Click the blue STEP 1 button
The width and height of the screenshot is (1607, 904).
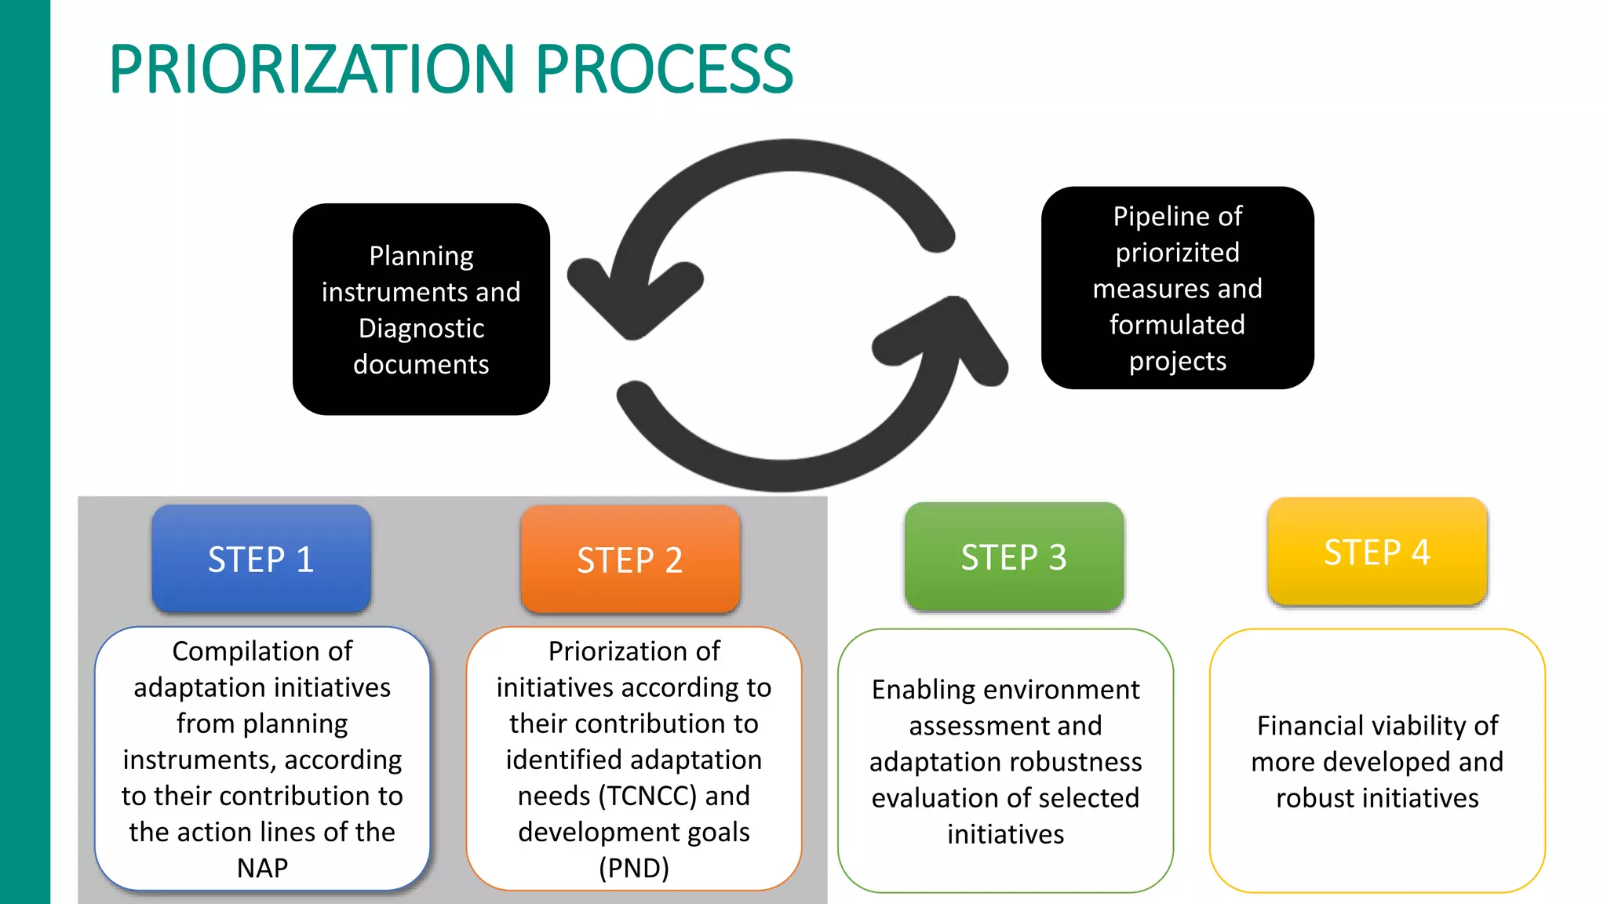pyautogui.click(x=261, y=560)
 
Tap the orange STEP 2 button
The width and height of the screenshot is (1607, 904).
pyautogui.click(x=630, y=560)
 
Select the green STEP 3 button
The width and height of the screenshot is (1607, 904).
pyautogui.click(x=1014, y=557)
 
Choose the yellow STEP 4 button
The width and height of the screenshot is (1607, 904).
pyautogui.click(x=1377, y=552)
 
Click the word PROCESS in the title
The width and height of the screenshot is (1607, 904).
pyautogui.click(x=665, y=70)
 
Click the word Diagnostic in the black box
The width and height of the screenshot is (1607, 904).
pyautogui.click(x=421, y=328)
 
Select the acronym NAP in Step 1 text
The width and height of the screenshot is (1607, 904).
pyautogui.click(x=262, y=868)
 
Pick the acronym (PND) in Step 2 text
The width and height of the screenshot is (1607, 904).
pyautogui.click(x=634, y=868)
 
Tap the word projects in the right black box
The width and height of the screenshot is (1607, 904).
pyautogui.click(x=1177, y=361)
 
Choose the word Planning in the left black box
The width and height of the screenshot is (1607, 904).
pyautogui.click(x=421, y=256)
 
